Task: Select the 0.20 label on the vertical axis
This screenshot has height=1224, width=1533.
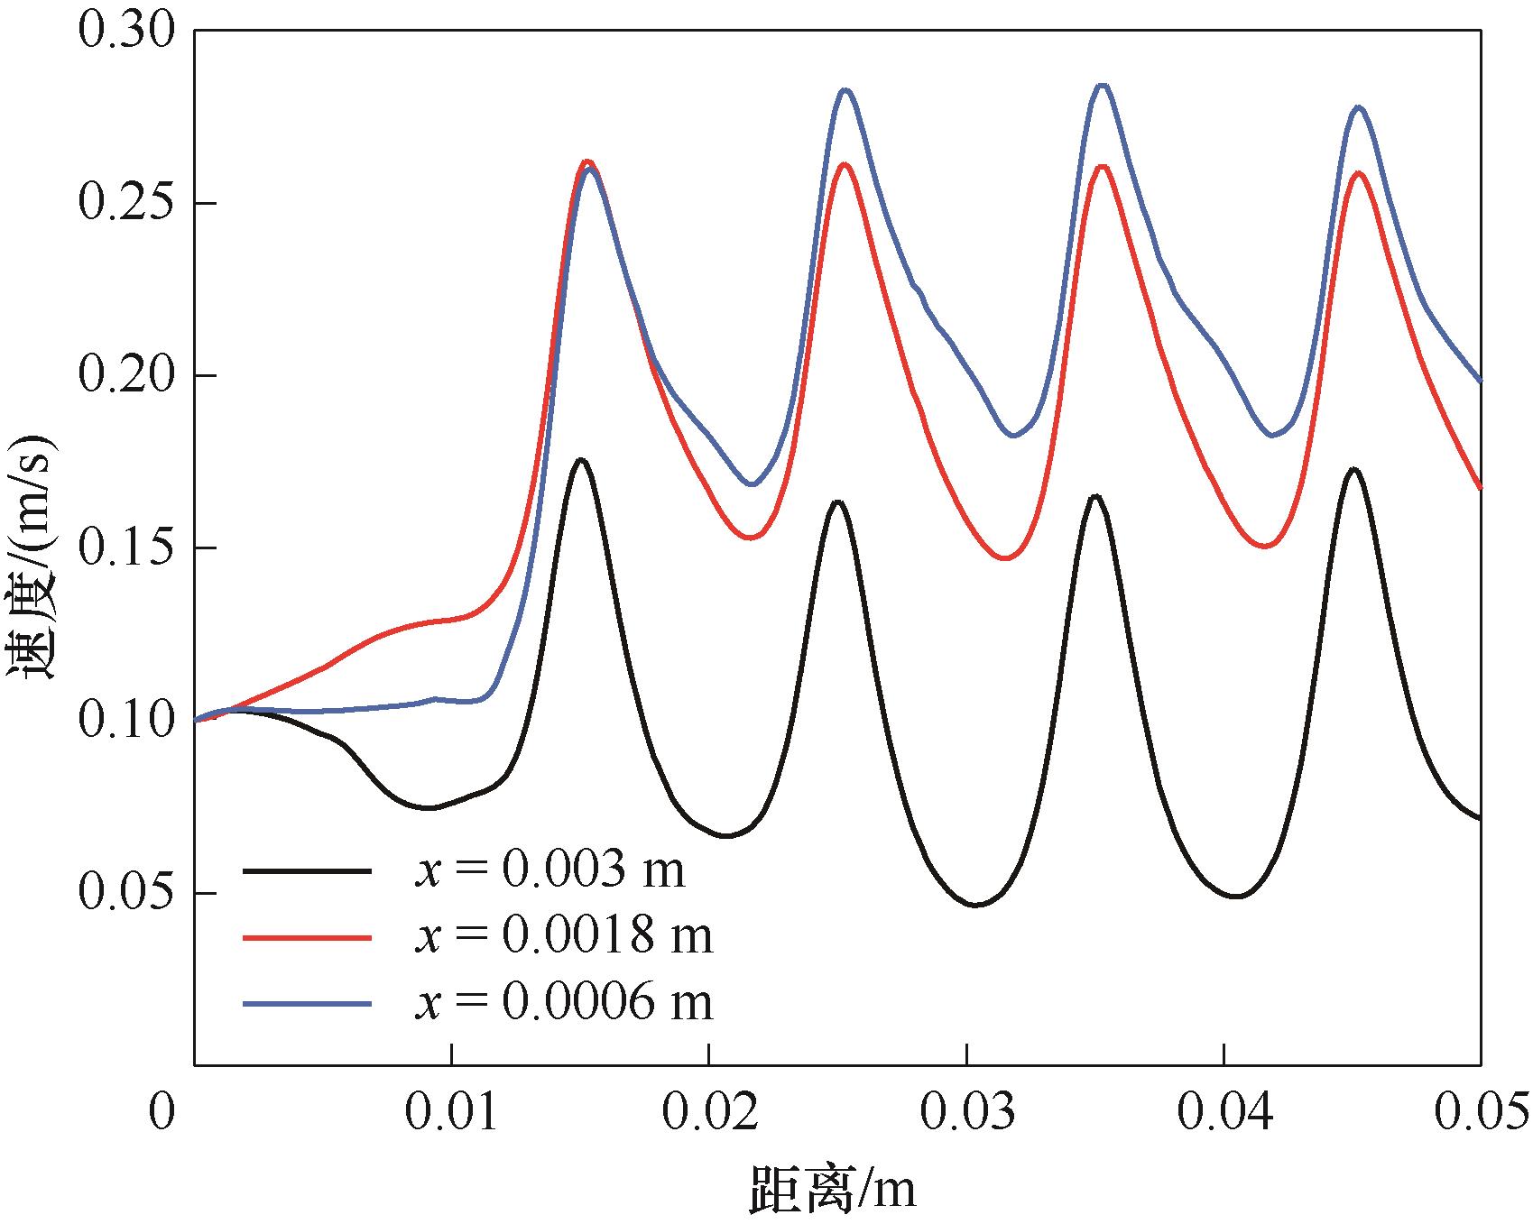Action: click(x=125, y=375)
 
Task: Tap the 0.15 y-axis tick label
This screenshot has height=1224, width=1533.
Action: click(x=125, y=548)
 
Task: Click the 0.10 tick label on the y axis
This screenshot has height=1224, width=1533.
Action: click(x=125, y=720)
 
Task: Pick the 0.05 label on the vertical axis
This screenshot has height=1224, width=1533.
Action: click(x=125, y=892)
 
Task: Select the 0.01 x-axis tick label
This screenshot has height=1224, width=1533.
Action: click(x=451, y=1112)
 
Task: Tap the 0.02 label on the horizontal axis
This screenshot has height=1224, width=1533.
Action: click(x=709, y=1112)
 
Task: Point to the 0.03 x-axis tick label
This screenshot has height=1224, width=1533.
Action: click(x=966, y=1112)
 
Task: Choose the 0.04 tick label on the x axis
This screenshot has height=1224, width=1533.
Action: click(x=1224, y=1112)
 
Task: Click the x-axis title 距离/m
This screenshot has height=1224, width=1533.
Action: click(x=831, y=1189)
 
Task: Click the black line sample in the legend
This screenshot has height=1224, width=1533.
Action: click(x=307, y=870)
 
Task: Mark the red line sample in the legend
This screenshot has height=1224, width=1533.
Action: click(x=307, y=937)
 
